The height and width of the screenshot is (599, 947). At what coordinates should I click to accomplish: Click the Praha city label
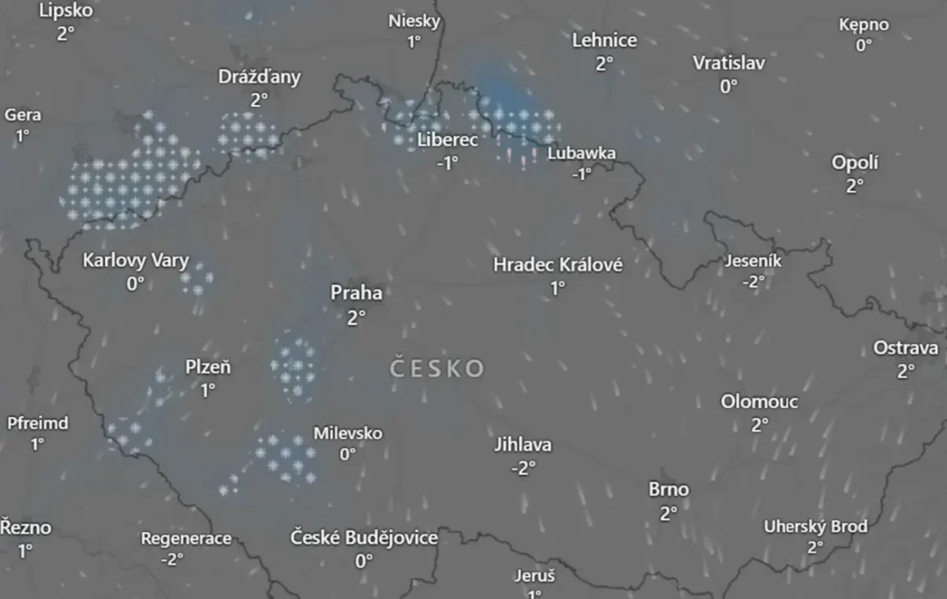tap(356, 294)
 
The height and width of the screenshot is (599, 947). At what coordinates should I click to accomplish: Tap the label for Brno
tap(668, 490)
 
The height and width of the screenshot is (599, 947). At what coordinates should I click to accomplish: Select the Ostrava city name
tap(905, 348)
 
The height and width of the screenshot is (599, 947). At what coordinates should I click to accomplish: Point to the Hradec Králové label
tap(558, 265)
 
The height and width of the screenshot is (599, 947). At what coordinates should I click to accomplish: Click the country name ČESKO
tap(437, 369)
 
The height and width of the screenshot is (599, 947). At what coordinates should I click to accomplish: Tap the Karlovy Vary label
tap(136, 260)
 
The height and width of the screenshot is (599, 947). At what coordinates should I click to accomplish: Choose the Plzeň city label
tap(208, 367)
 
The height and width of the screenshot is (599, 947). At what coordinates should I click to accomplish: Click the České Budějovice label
tap(364, 538)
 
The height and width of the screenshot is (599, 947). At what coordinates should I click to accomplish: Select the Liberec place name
tap(447, 140)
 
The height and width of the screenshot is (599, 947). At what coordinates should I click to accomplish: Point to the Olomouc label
tap(759, 402)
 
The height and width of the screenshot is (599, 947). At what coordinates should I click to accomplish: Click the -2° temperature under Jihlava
tap(522, 468)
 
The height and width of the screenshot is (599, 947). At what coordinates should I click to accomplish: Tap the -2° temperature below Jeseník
tap(753, 282)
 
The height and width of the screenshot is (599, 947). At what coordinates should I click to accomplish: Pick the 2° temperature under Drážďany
tap(259, 99)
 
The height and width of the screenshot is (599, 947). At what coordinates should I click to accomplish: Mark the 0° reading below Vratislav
tap(728, 86)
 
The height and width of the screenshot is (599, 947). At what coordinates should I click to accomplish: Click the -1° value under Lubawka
tap(581, 174)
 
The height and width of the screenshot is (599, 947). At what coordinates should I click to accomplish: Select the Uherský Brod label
tap(815, 526)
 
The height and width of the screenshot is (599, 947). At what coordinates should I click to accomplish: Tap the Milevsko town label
tap(348, 433)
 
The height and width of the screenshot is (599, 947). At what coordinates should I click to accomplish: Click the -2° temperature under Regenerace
tap(172, 559)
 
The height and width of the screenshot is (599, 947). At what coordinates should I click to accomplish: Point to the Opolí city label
tap(855, 163)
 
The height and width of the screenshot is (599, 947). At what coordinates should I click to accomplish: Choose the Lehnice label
tap(605, 40)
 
